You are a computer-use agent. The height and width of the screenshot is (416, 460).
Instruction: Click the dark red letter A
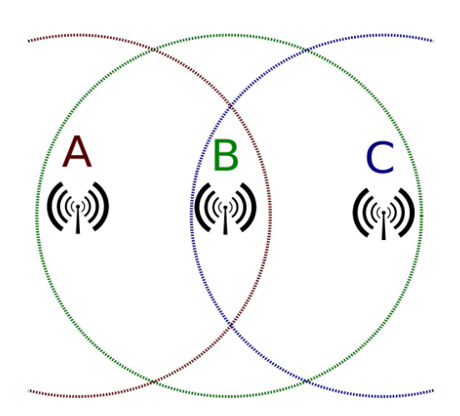(x=77, y=152)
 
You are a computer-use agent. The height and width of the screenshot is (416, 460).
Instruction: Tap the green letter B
(x=226, y=155)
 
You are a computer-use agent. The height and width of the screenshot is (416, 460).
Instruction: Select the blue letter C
(x=381, y=158)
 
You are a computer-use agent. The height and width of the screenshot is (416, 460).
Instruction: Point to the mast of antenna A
(x=77, y=219)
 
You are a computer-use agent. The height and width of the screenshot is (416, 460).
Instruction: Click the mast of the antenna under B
(x=225, y=220)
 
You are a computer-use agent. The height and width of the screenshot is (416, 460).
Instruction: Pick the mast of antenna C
(x=383, y=225)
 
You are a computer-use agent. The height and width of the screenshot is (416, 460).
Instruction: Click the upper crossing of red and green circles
(x=153, y=50)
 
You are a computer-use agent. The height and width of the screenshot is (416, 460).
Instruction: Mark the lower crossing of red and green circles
(x=153, y=382)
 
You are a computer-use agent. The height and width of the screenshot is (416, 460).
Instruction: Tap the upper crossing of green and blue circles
(x=306, y=50)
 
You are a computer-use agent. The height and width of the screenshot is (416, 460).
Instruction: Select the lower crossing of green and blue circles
(x=306, y=381)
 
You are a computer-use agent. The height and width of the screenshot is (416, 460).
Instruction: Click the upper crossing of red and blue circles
(x=231, y=106)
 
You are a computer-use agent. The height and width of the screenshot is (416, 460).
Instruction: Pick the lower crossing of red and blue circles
(x=231, y=325)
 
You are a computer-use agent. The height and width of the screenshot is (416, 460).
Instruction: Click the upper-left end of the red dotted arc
(x=28, y=41)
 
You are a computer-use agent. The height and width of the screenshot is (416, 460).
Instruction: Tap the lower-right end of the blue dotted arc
(x=433, y=390)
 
